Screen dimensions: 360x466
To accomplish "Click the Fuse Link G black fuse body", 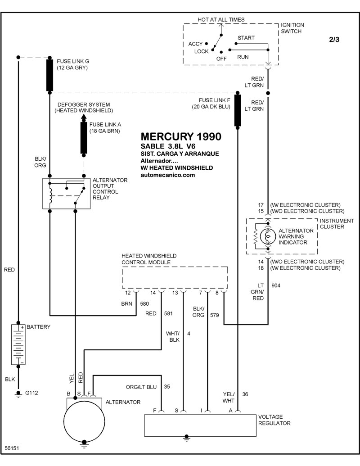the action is (x=49, y=75).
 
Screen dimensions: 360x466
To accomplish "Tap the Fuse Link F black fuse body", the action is (x=237, y=111).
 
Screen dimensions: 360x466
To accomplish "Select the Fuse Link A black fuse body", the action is (x=84, y=138).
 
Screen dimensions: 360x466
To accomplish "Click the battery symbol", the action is (x=18, y=344).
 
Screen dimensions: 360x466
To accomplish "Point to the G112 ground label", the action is (x=31, y=393).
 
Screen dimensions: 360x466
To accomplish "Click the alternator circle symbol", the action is (x=84, y=421).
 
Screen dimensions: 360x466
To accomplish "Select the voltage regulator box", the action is (x=200, y=425).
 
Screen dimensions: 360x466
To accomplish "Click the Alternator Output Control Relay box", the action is (x=67, y=194).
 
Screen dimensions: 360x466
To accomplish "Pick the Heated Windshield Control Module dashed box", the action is (x=175, y=278).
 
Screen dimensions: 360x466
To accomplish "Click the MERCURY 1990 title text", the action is (x=181, y=136).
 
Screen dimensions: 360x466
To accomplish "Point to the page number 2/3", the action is (x=334, y=40).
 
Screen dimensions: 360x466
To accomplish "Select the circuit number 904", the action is (x=276, y=285).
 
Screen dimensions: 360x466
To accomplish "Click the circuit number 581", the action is (x=168, y=313).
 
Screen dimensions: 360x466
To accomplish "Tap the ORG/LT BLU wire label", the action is (x=141, y=387).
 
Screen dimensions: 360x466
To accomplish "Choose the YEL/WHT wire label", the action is (x=229, y=398).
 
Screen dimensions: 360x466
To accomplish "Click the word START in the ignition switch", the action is (x=246, y=38).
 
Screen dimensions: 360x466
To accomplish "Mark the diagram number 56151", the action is (x=12, y=448).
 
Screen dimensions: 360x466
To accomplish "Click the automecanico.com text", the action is (x=168, y=175).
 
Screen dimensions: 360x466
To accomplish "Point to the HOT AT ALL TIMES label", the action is (x=221, y=20).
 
